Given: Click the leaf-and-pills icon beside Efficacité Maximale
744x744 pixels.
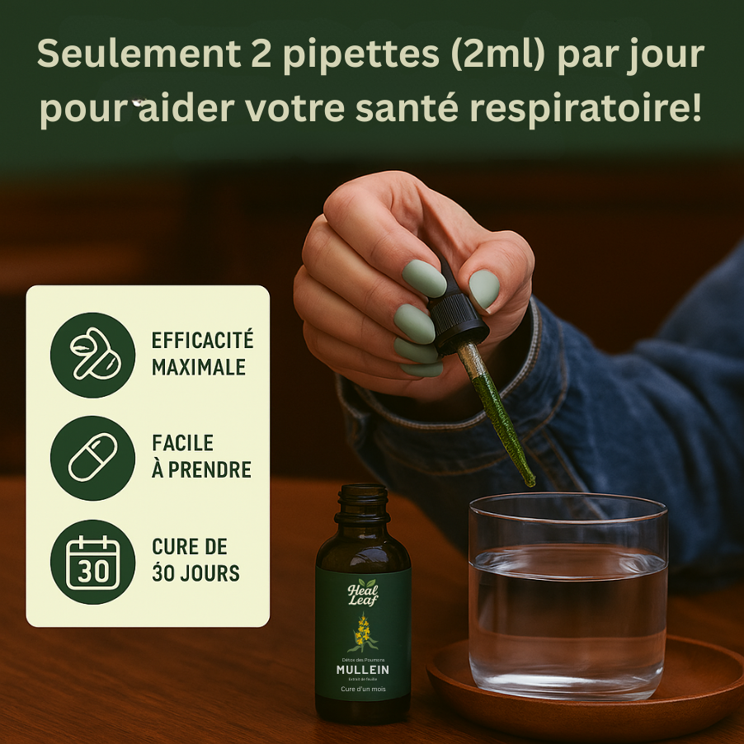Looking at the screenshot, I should click(92, 355).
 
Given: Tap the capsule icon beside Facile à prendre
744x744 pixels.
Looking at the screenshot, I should click(92, 458).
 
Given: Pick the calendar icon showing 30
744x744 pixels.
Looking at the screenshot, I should click(92, 563).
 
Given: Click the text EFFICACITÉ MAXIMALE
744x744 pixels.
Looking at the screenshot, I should click(202, 354).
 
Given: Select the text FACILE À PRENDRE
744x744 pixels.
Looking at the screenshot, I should click(201, 457).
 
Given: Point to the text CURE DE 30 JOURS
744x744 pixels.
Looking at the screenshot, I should click(195, 559).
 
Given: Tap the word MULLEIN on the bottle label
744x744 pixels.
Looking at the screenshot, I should click(363, 670).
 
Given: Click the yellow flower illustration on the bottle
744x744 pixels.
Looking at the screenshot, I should click(362, 633).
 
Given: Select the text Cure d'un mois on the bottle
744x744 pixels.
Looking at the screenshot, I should click(363, 690).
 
